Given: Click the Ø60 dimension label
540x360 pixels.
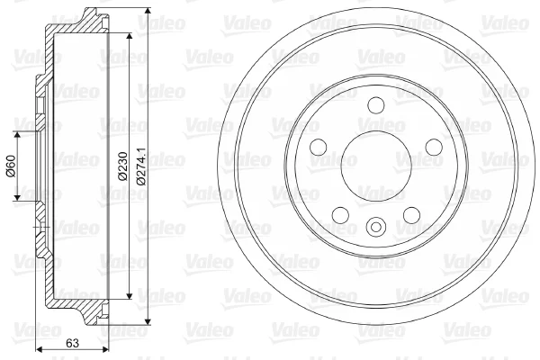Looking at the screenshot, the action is pos(12,166).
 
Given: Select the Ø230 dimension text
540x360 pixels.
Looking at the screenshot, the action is pos(122,166).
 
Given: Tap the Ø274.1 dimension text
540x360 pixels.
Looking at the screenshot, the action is pos(141,166).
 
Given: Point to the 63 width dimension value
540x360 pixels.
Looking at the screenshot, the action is pos(72,343).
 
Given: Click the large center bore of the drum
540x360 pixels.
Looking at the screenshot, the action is pos(376,166).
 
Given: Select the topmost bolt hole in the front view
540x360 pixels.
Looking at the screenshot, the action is pos(376,105).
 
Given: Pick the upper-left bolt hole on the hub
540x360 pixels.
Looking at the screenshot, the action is pos(319,147).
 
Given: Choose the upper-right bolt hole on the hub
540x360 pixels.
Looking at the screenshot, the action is pos(434,147).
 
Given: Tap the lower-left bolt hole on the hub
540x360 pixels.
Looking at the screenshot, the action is pos(340,215).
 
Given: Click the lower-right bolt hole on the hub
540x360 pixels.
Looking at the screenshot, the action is pos(411,215).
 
